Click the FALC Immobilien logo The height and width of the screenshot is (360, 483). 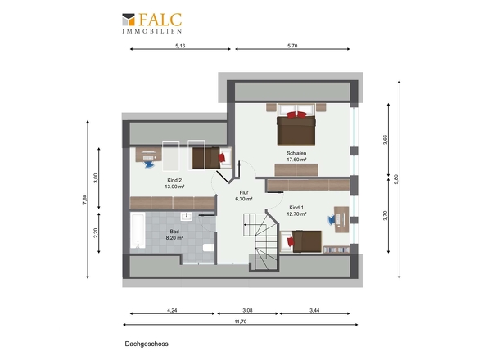(x=152, y=23)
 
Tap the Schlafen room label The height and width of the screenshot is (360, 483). (x=296, y=153)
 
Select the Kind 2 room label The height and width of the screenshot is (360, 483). (x=174, y=180)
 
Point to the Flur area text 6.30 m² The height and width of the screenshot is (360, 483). (x=244, y=199)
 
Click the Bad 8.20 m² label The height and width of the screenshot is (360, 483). (x=174, y=235)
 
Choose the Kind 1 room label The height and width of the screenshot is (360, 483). (x=296, y=208)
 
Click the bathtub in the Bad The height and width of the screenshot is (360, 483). (x=138, y=230)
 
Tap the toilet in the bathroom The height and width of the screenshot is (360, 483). (x=209, y=248)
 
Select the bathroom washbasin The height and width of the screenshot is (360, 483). (x=187, y=217)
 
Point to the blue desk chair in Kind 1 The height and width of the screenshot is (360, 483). (x=332, y=219)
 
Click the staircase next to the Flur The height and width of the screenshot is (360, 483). (x=260, y=241)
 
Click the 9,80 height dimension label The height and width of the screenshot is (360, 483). (x=396, y=179)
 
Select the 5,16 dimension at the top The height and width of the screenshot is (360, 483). (x=180, y=46)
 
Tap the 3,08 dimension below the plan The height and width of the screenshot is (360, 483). (x=247, y=310)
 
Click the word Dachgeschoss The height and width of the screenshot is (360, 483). (x=147, y=344)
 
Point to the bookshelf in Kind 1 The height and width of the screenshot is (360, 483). (x=336, y=250)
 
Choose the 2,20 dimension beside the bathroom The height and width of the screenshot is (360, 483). (x=96, y=233)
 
